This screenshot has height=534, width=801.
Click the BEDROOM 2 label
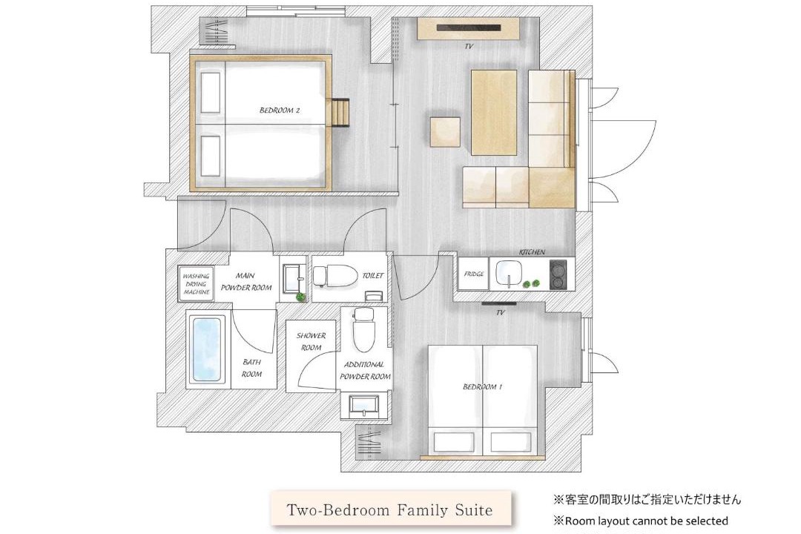280,110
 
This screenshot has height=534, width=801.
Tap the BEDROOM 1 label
482,387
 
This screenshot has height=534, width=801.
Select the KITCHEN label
532,252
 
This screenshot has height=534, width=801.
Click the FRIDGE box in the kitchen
473,274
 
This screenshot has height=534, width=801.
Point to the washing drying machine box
196,284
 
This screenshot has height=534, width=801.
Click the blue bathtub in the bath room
207,349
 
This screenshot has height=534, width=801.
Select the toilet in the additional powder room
363,329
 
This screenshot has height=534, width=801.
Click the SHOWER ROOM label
311,341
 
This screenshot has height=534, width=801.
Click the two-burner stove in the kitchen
558,274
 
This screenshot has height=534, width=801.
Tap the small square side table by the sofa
445,132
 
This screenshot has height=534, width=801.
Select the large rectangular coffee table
493,113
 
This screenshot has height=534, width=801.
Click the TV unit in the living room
468,29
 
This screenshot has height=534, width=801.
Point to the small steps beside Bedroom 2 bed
340,112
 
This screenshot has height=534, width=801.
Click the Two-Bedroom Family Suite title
390,510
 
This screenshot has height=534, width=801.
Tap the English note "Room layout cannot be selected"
642,521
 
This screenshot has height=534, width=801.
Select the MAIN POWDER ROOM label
245,282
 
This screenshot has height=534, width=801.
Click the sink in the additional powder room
363,405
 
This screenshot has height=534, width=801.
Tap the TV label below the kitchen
500,312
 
